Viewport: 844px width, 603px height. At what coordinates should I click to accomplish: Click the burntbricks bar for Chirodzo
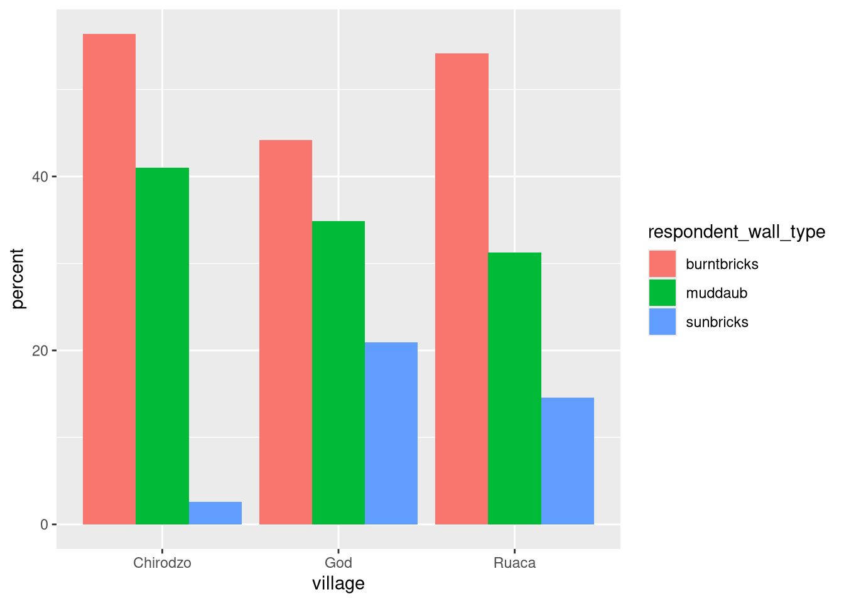[x=109, y=279]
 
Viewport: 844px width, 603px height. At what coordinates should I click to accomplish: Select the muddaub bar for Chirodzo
[x=162, y=346]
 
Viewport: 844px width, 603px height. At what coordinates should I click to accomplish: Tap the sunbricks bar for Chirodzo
[x=215, y=513]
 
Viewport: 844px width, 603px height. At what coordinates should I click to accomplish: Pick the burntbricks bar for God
[x=286, y=332]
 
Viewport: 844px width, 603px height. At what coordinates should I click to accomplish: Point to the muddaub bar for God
[x=338, y=372]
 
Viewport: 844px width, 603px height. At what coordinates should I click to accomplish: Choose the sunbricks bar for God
[x=391, y=433]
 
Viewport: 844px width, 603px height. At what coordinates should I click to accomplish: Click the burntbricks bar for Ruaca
[x=462, y=289]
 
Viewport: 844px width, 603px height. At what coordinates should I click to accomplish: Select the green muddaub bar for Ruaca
[x=514, y=388]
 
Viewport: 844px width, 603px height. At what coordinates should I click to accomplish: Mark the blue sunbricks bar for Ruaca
[x=568, y=461]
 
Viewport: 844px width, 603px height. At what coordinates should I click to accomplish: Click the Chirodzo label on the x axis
[x=162, y=563]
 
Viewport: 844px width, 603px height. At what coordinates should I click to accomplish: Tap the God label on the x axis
[x=338, y=563]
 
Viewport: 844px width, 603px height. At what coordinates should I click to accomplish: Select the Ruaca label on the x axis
[x=514, y=563]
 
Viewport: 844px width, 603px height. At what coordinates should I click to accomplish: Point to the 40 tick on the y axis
[x=41, y=177]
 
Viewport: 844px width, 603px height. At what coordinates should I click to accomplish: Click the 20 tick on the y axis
[x=41, y=350]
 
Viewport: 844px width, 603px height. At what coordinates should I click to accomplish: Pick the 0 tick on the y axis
[x=45, y=524]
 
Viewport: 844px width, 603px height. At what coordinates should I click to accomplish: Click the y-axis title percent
[x=18, y=279]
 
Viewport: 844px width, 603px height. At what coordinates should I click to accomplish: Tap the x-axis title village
[x=338, y=584]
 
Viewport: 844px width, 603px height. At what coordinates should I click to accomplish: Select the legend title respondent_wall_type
[x=737, y=232]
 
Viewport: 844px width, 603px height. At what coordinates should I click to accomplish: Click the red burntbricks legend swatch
[x=663, y=264]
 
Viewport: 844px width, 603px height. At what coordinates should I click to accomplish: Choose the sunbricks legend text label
[x=717, y=322]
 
